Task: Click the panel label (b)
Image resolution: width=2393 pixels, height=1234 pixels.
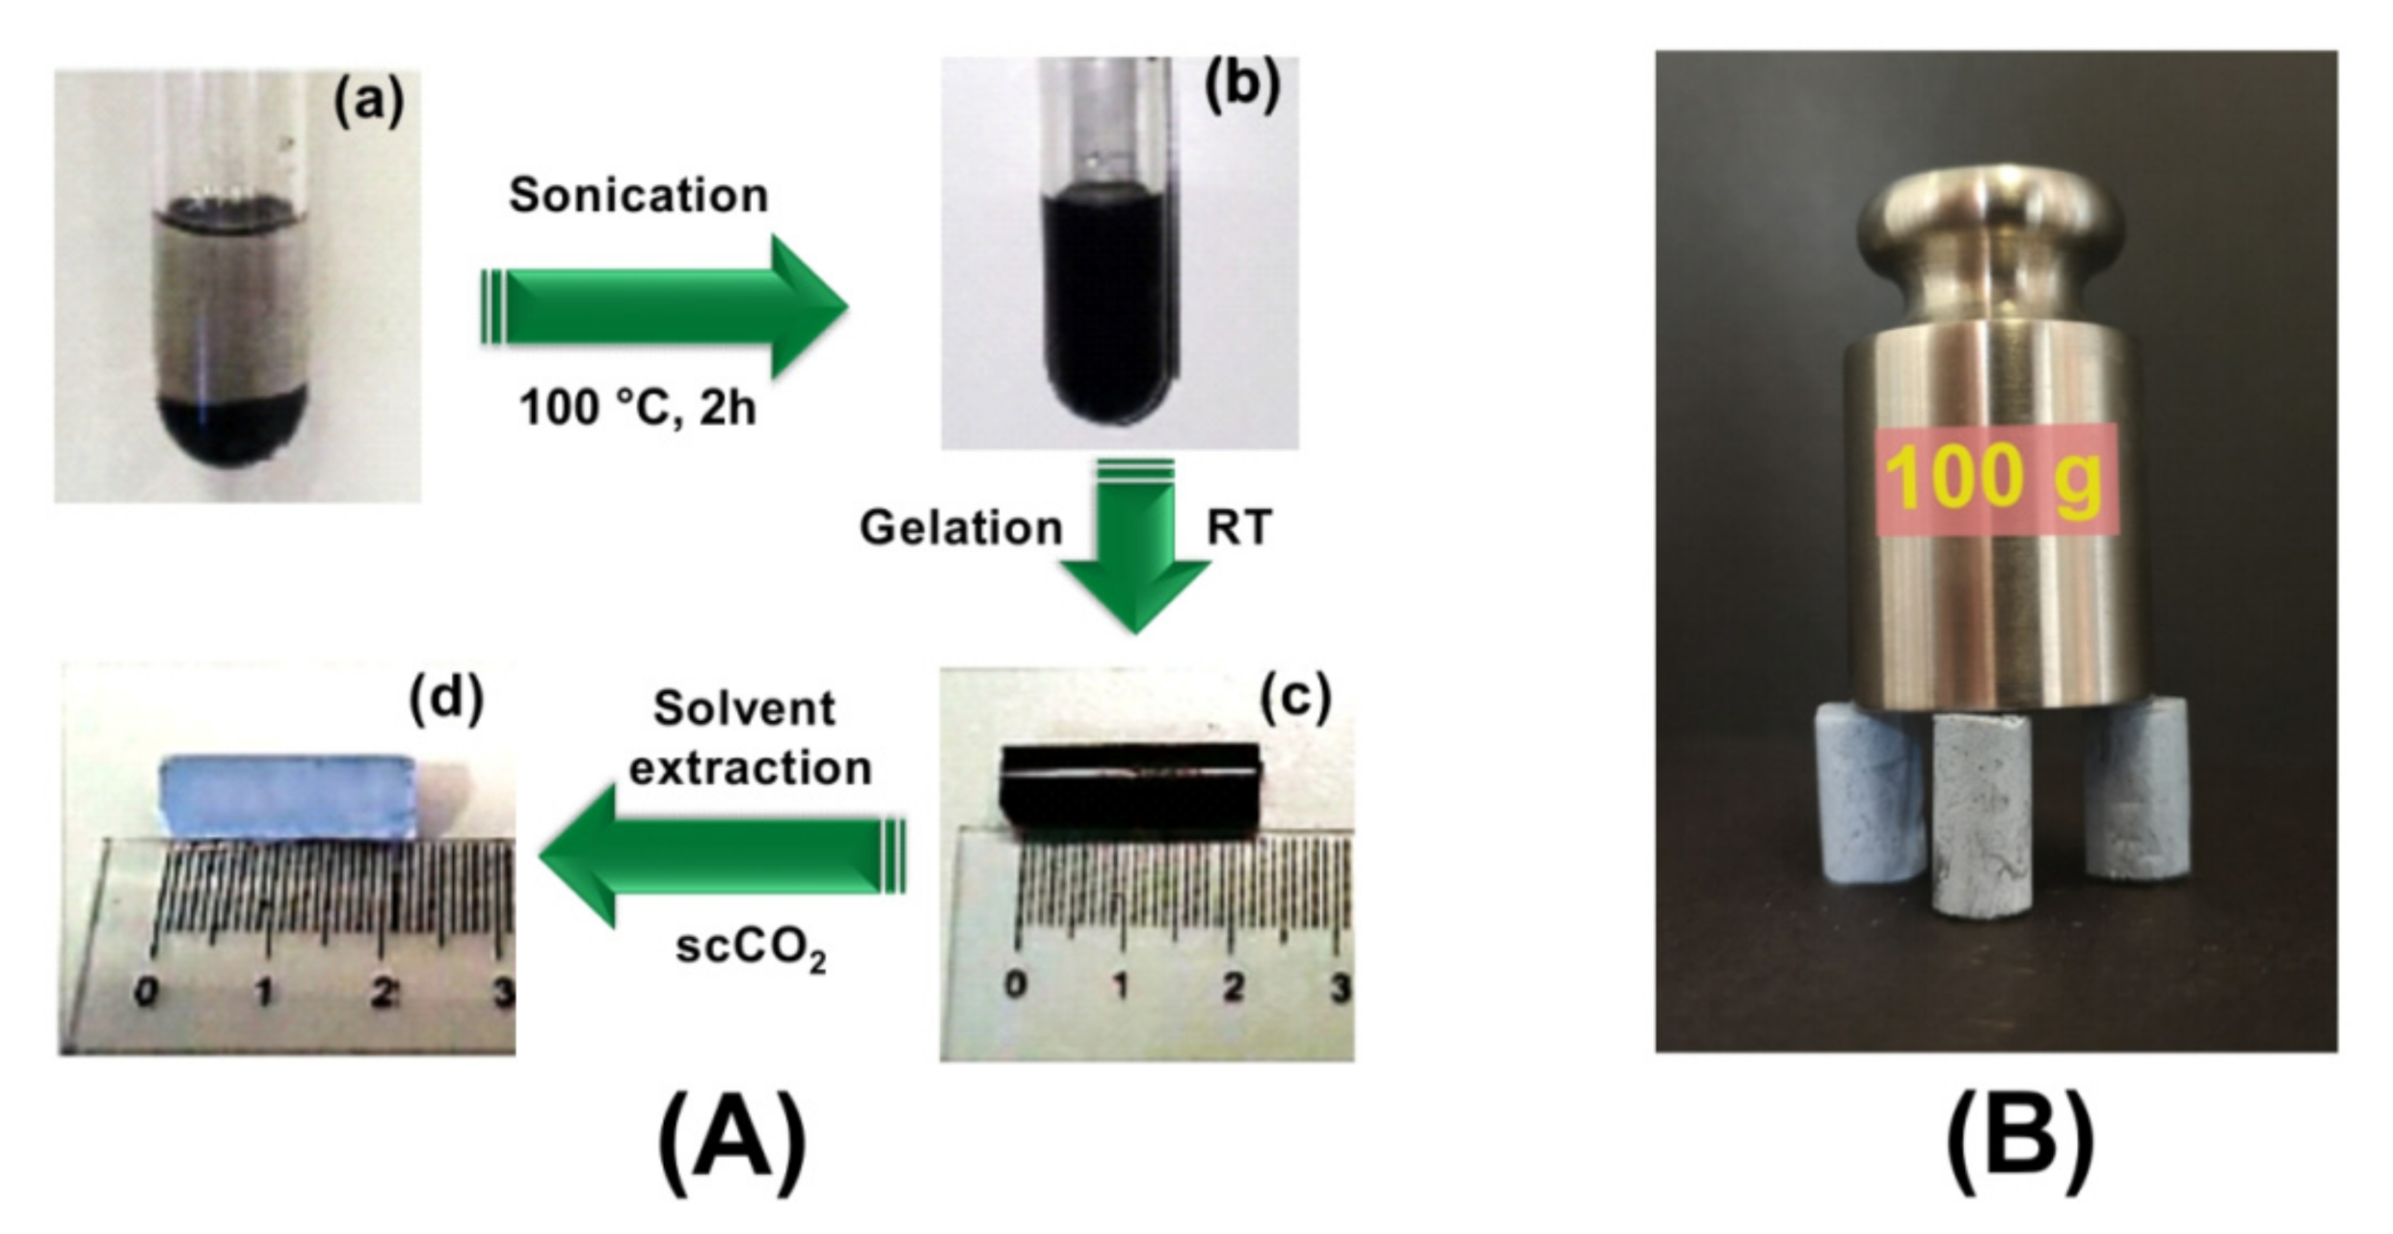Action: click(1242, 86)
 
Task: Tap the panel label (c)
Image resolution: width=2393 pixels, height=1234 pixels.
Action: click(1295, 696)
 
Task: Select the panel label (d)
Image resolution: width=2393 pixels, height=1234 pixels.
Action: click(445, 698)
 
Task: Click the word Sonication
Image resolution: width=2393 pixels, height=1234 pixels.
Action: click(638, 196)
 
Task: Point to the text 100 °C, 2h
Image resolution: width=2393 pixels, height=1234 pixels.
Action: click(638, 407)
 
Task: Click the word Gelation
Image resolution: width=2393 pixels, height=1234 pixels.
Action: click(961, 528)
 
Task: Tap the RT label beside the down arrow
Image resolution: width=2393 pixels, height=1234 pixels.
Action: click(1239, 528)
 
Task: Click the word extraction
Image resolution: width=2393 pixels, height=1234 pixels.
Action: click(750, 768)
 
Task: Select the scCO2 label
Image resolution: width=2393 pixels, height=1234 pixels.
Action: click(750, 949)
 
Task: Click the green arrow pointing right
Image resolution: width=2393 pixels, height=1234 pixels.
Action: click(665, 307)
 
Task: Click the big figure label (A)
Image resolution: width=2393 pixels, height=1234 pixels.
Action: click(731, 1141)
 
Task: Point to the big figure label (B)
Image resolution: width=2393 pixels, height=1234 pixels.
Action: click(2020, 1141)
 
